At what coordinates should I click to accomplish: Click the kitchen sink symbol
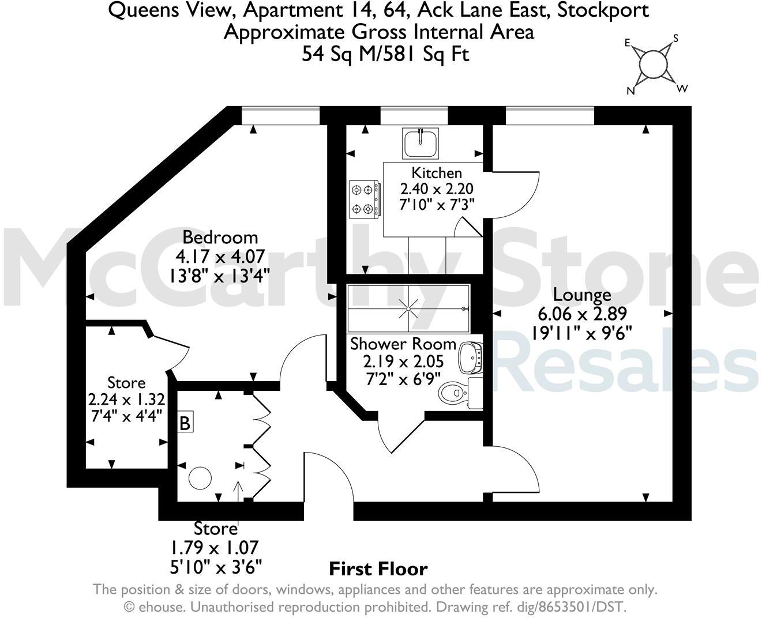421,143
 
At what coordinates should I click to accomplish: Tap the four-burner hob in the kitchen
364,199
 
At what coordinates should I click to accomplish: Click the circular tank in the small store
200,478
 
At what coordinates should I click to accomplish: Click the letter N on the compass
630,91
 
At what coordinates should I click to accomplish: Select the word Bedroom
220,237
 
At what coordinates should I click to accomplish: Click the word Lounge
581,295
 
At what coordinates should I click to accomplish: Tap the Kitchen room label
436,172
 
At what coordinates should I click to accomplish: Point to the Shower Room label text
403,344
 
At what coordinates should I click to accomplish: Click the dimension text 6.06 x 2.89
581,314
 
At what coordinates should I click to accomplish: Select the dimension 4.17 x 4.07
220,255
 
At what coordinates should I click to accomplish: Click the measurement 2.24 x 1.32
126,400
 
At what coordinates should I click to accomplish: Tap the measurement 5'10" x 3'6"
215,566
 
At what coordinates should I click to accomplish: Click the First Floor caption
378,569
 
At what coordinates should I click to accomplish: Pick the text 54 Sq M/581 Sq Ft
378,54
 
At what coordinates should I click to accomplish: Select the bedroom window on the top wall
280,115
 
